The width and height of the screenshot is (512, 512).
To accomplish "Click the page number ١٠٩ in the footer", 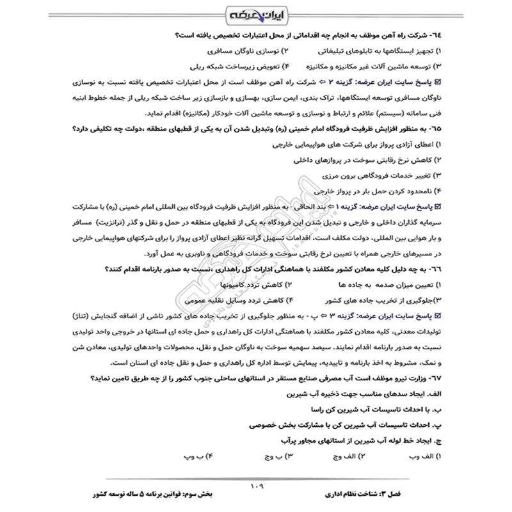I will (x=255, y=486).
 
